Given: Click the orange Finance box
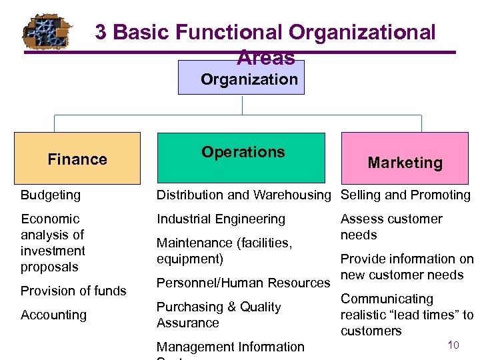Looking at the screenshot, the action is point(77,159).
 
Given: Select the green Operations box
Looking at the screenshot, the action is point(241,157).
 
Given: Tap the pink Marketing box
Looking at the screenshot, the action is point(405,159).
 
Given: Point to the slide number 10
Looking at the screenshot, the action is point(453,345).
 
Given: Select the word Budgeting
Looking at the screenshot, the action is point(51,195).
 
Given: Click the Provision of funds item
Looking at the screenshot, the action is point(73,291).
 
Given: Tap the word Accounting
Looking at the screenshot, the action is point(53,315).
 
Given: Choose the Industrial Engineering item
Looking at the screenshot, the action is point(221,219).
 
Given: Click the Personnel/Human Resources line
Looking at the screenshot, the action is point(243,283).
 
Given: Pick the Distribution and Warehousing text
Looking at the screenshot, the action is point(243,195).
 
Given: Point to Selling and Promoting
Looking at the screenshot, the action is point(405,195).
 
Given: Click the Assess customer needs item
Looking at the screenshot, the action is point(391,227).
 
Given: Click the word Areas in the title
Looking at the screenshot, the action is point(265,58).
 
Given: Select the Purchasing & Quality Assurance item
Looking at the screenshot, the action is point(219,315).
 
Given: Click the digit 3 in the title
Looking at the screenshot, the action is point(101,32).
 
